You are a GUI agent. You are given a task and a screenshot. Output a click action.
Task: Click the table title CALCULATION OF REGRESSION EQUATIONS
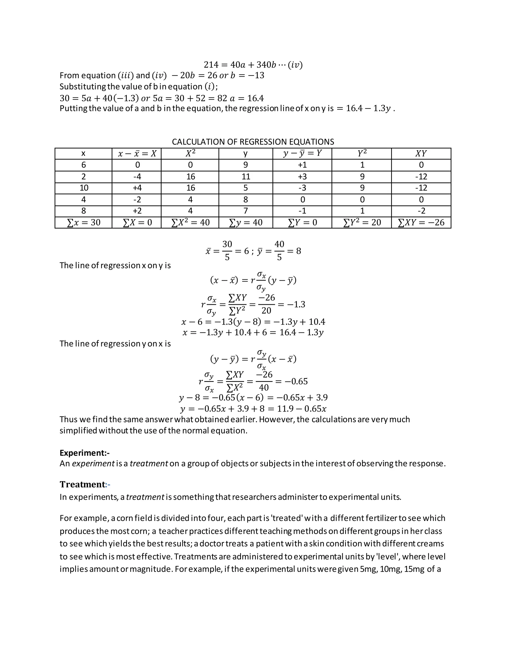(253, 142)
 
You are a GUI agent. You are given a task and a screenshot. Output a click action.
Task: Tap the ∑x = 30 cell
(83, 222)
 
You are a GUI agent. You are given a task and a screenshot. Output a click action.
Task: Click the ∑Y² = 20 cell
(361, 222)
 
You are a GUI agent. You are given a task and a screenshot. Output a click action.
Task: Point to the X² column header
(190, 153)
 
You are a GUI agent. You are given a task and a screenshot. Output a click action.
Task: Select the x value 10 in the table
(84, 188)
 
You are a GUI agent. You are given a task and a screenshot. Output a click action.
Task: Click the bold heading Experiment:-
(84, 453)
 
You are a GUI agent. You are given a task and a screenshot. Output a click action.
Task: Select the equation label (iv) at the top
(295, 65)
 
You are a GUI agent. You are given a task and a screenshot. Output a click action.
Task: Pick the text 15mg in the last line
(414, 569)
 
